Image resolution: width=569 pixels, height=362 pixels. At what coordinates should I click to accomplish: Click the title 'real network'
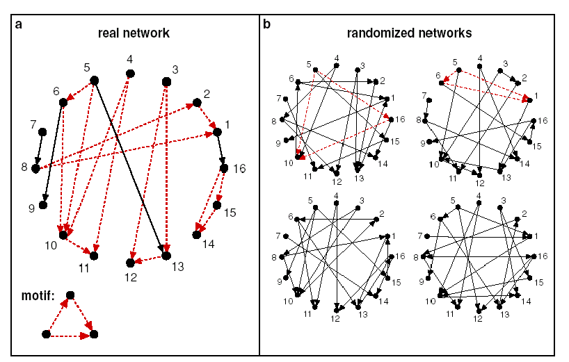[x=134, y=33]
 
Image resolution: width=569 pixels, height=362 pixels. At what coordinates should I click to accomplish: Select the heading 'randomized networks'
[x=410, y=33]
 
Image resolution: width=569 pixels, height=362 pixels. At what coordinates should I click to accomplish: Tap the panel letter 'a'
[x=19, y=24]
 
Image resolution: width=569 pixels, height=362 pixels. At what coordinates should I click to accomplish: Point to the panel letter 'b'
[x=267, y=24]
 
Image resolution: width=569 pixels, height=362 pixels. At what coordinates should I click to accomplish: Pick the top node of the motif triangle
[x=70, y=295]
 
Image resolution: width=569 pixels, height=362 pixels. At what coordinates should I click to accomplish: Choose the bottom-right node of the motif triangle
[x=95, y=334]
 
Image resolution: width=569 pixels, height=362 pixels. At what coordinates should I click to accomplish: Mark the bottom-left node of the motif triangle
[x=46, y=334]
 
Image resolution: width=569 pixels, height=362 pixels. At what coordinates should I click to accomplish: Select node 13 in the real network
[x=166, y=256]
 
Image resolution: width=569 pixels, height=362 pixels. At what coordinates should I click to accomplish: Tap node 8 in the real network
[x=35, y=168]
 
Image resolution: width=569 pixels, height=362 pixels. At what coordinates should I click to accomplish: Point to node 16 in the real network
[x=223, y=167]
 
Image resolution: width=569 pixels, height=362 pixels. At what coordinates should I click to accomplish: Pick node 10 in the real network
[x=63, y=235]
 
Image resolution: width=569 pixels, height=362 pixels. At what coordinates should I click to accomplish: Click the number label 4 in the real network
[x=129, y=60]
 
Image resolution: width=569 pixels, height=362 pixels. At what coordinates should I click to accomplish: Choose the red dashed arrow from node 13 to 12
[x=147, y=260]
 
